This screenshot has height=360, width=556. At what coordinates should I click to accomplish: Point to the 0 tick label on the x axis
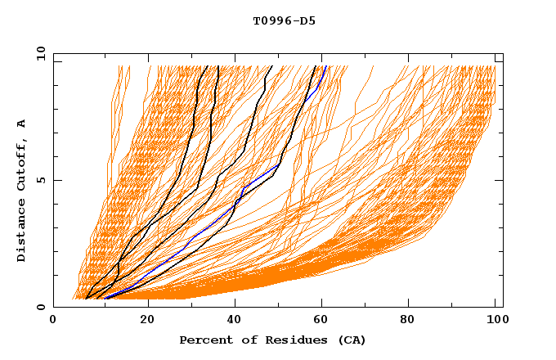point(54,322)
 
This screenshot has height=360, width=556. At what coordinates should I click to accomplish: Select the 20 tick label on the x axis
point(148,322)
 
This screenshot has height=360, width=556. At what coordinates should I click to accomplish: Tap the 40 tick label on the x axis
point(236,322)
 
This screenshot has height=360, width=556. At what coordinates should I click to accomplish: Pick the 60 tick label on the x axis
point(325,322)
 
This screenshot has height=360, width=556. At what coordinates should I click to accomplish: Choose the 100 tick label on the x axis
point(495,322)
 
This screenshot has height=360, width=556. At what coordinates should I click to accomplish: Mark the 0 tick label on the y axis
point(40,307)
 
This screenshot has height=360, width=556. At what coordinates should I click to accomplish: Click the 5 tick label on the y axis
point(40,180)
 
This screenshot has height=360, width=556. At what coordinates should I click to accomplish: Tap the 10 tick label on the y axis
point(40,53)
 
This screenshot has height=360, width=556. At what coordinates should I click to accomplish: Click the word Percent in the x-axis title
point(204,340)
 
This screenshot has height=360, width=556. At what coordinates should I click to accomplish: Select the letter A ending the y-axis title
point(22,124)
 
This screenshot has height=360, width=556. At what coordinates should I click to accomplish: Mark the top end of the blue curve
point(325,66)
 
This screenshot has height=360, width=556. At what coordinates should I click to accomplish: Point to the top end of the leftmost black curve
point(208,66)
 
